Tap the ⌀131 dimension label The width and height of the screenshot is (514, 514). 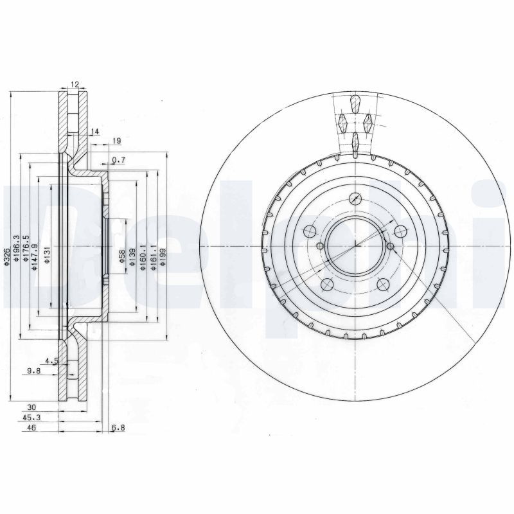(x=47, y=257)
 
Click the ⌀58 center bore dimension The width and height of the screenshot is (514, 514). (x=122, y=257)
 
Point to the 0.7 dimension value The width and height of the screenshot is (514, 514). (x=118, y=160)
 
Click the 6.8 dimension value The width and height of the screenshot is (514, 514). (x=118, y=429)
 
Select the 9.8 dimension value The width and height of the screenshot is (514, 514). (x=33, y=370)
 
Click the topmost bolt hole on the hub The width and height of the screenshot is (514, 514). (x=355, y=199)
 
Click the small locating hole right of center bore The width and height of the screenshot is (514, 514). (x=390, y=245)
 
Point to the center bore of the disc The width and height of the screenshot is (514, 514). (x=355, y=245)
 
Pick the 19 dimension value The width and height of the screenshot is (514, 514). (x=117, y=141)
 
